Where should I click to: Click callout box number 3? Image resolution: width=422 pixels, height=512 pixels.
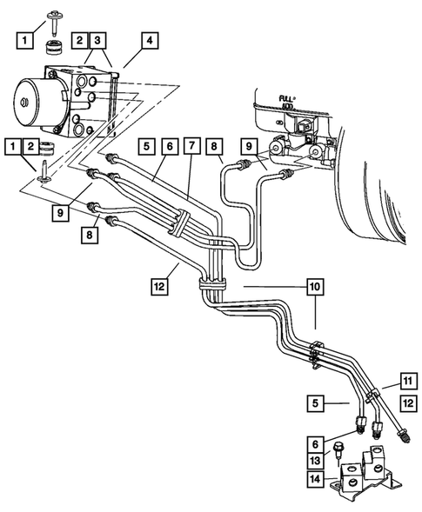tap(98, 40)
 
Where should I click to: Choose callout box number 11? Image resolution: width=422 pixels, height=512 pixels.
tap(405, 380)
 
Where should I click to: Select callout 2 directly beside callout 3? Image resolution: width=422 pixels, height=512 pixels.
tap(80, 40)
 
